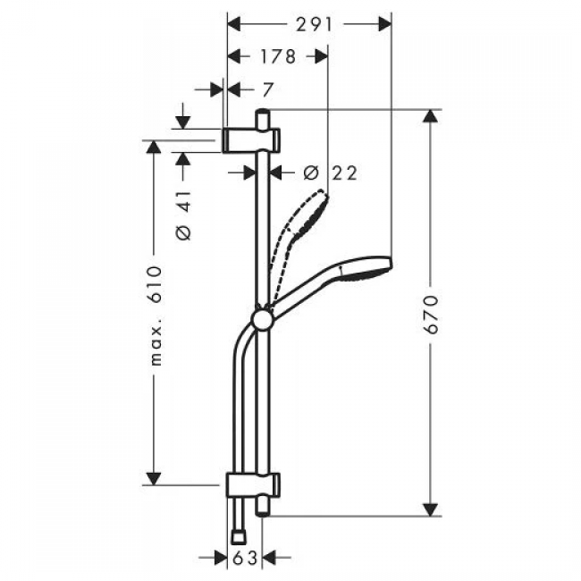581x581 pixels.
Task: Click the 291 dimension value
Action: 315,25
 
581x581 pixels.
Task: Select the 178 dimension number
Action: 278,56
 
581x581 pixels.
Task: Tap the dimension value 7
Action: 267,90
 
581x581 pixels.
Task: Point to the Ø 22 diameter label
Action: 330,173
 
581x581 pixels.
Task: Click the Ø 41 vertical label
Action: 184,215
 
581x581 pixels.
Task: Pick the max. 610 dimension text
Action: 156,316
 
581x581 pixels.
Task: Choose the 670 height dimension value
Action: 432,315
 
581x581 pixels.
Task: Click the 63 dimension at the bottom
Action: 245,558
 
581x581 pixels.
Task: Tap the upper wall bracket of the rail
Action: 251,140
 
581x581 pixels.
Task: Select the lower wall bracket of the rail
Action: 253,484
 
